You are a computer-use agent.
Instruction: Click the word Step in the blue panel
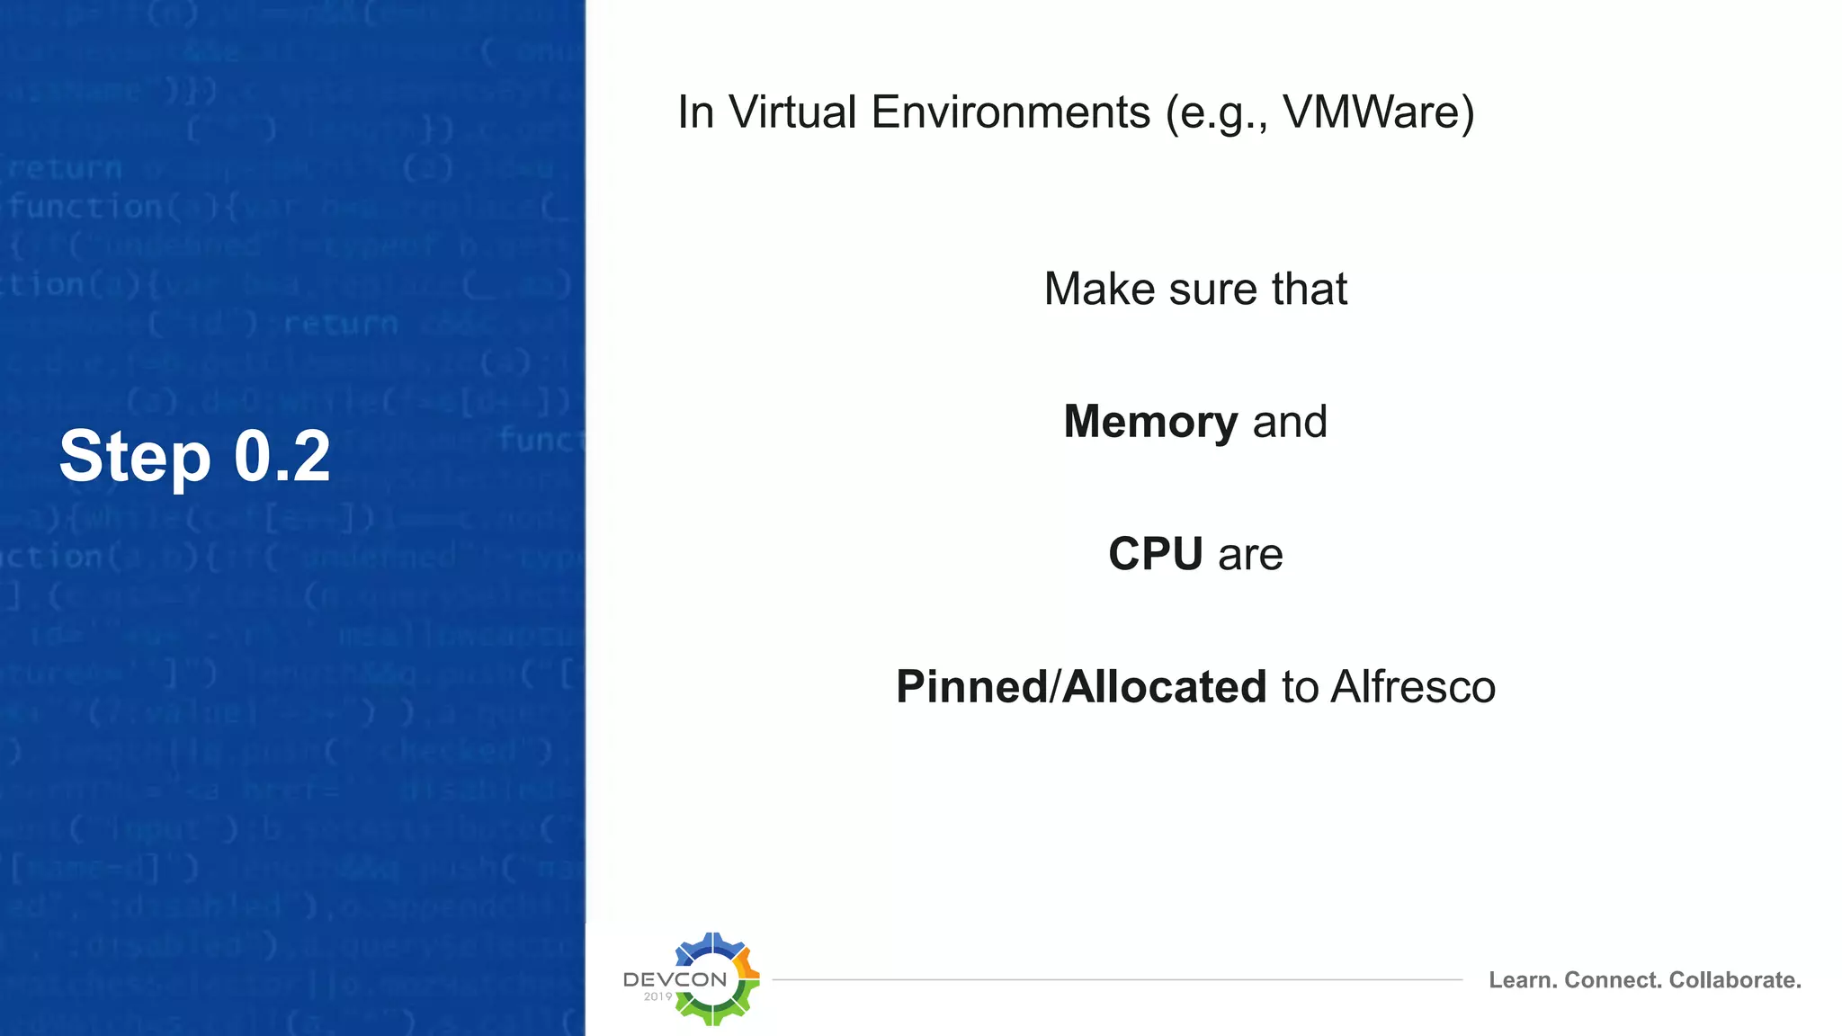pyautogui.click(x=135, y=457)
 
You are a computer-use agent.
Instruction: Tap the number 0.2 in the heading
pyautogui.click(x=282, y=457)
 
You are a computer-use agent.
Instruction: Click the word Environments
pyautogui.click(x=1010, y=112)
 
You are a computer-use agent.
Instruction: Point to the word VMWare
pyautogui.click(x=1378, y=112)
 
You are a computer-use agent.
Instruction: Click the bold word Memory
pyautogui.click(x=1150, y=422)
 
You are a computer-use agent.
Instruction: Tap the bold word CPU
pyautogui.click(x=1156, y=554)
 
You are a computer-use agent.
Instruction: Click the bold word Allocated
pyautogui.click(x=1165, y=687)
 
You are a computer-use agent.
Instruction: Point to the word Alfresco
pyautogui.click(x=1413, y=687)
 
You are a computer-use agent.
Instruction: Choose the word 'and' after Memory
pyautogui.click(x=1290, y=422)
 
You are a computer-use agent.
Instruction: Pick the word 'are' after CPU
pyautogui.click(x=1250, y=554)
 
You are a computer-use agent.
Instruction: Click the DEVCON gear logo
pyautogui.click(x=712, y=979)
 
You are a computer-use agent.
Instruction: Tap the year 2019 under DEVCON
pyautogui.click(x=657, y=996)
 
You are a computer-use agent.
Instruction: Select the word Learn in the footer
pyautogui.click(x=1522, y=980)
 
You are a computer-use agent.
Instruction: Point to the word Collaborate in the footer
pyautogui.click(x=1735, y=980)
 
